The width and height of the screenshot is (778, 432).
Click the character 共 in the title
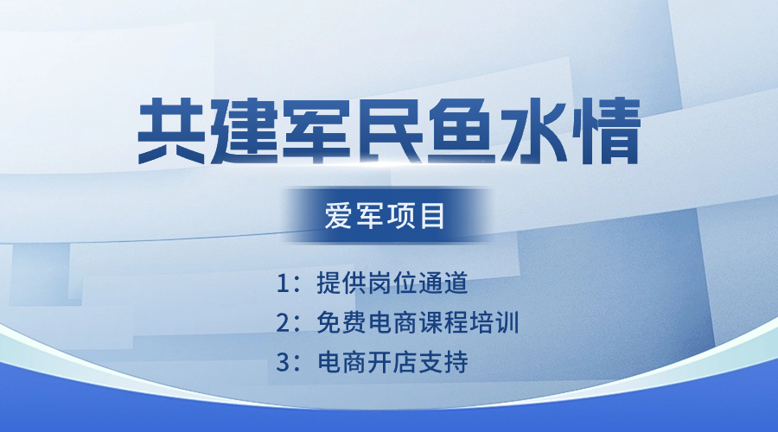(x=171, y=131)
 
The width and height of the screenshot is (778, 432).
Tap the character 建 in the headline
(x=244, y=131)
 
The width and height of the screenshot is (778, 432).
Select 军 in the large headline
(x=316, y=131)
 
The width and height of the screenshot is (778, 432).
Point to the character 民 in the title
(x=389, y=131)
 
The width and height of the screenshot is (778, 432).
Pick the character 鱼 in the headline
(x=462, y=131)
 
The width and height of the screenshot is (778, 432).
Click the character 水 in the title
(x=534, y=131)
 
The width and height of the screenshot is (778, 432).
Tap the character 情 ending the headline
(x=606, y=131)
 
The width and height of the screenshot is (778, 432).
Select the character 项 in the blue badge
(x=399, y=216)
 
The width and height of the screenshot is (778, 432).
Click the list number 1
(x=282, y=283)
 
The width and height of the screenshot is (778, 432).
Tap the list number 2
(x=283, y=323)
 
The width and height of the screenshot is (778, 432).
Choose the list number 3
(x=283, y=363)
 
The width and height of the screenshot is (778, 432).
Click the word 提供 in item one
(x=341, y=283)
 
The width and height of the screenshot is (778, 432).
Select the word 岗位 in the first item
(x=392, y=283)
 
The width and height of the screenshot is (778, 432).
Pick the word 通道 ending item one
(x=443, y=283)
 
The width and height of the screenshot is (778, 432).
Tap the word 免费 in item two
(x=341, y=323)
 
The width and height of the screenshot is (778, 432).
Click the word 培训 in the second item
(x=494, y=323)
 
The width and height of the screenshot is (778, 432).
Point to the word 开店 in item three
(x=392, y=363)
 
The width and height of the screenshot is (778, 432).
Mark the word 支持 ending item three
(x=443, y=363)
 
